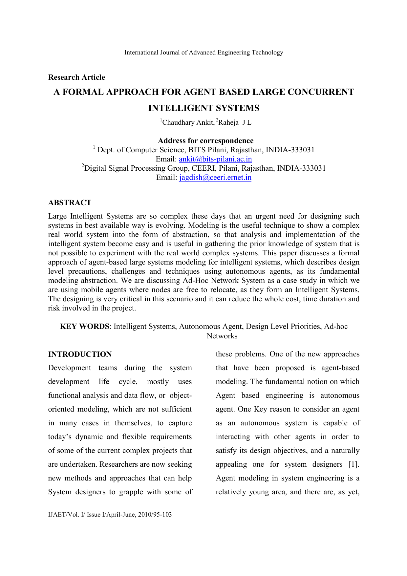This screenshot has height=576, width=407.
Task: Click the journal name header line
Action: pos(203,53)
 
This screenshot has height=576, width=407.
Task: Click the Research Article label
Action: pos(76,77)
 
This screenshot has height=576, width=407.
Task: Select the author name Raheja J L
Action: pos(235,123)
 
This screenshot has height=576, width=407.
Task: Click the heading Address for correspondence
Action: pos(205,141)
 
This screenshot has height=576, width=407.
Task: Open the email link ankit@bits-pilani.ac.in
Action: pos(215,159)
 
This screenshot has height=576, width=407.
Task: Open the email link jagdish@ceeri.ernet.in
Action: pos(215,178)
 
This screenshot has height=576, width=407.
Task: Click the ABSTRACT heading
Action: pos(70,203)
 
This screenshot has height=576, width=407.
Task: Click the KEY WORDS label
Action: pos(84,327)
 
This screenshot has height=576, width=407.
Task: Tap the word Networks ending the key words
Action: pos(222,336)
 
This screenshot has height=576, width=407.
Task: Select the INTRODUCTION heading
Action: pos(80,354)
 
